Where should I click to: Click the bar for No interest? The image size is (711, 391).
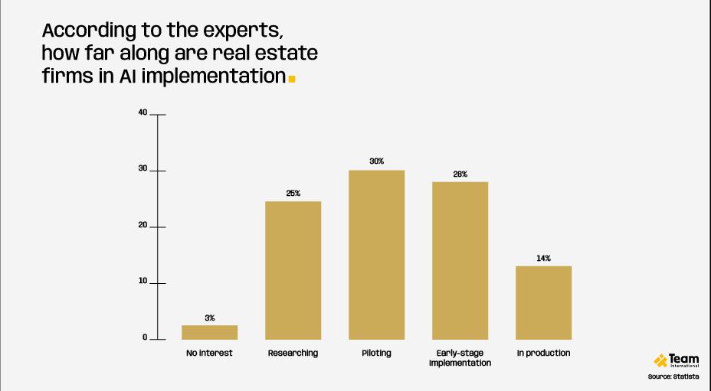[x=209, y=332]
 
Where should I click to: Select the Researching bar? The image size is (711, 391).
[x=293, y=270]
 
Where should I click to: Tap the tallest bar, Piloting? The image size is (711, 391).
[x=376, y=255]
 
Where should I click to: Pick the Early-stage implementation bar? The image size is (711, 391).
[x=460, y=260]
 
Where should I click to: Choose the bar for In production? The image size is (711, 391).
[x=543, y=302]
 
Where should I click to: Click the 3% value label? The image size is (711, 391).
[x=209, y=318]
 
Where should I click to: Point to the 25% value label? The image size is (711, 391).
[x=293, y=194]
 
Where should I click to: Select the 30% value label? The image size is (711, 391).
[x=376, y=161]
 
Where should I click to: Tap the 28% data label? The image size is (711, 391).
[x=460, y=174]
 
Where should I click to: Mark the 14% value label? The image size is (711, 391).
[x=543, y=259]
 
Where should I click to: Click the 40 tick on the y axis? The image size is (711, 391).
[x=143, y=113]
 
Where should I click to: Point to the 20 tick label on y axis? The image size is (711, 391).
[x=143, y=226]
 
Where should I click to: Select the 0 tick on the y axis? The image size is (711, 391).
[x=144, y=338]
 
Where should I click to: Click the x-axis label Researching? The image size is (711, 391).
[x=293, y=354]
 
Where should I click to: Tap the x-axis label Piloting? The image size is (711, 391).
[x=376, y=354]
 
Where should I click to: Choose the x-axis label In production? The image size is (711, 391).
[x=543, y=354]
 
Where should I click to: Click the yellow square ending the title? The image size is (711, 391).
[x=291, y=78]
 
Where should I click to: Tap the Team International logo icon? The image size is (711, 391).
[x=660, y=360]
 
